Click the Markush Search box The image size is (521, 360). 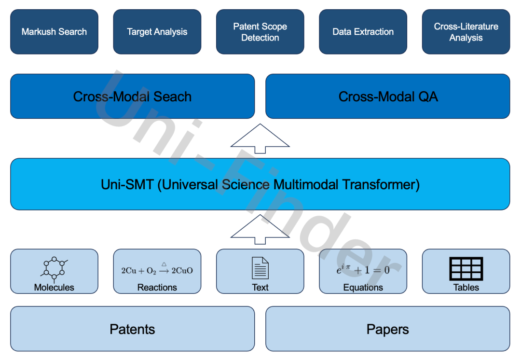(54, 32)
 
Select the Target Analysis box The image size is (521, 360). (157, 32)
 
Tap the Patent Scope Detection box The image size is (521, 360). (260, 32)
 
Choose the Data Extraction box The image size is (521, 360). (363, 32)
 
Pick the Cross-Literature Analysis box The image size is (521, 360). (466, 32)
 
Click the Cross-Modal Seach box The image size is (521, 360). (132, 97)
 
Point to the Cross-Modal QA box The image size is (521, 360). (388, 97)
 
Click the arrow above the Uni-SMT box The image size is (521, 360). (260, 138)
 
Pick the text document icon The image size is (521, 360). (260, 268)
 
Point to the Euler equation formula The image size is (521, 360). (363, 269)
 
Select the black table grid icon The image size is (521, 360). (466, 268)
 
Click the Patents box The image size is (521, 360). (132, 329)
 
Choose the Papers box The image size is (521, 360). (388, 329)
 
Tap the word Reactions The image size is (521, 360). (157, 288)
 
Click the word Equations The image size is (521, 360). (363, 288)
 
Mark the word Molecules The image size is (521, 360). (54, 288)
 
